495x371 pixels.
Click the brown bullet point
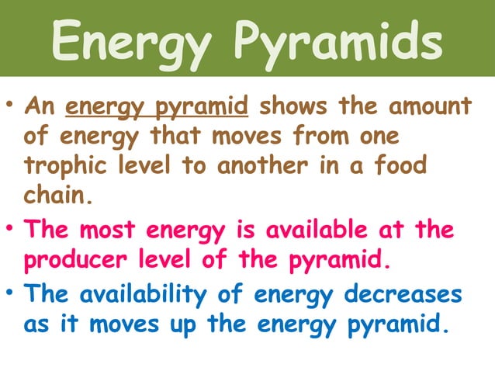pyautogui.click(x=12, y=103)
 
